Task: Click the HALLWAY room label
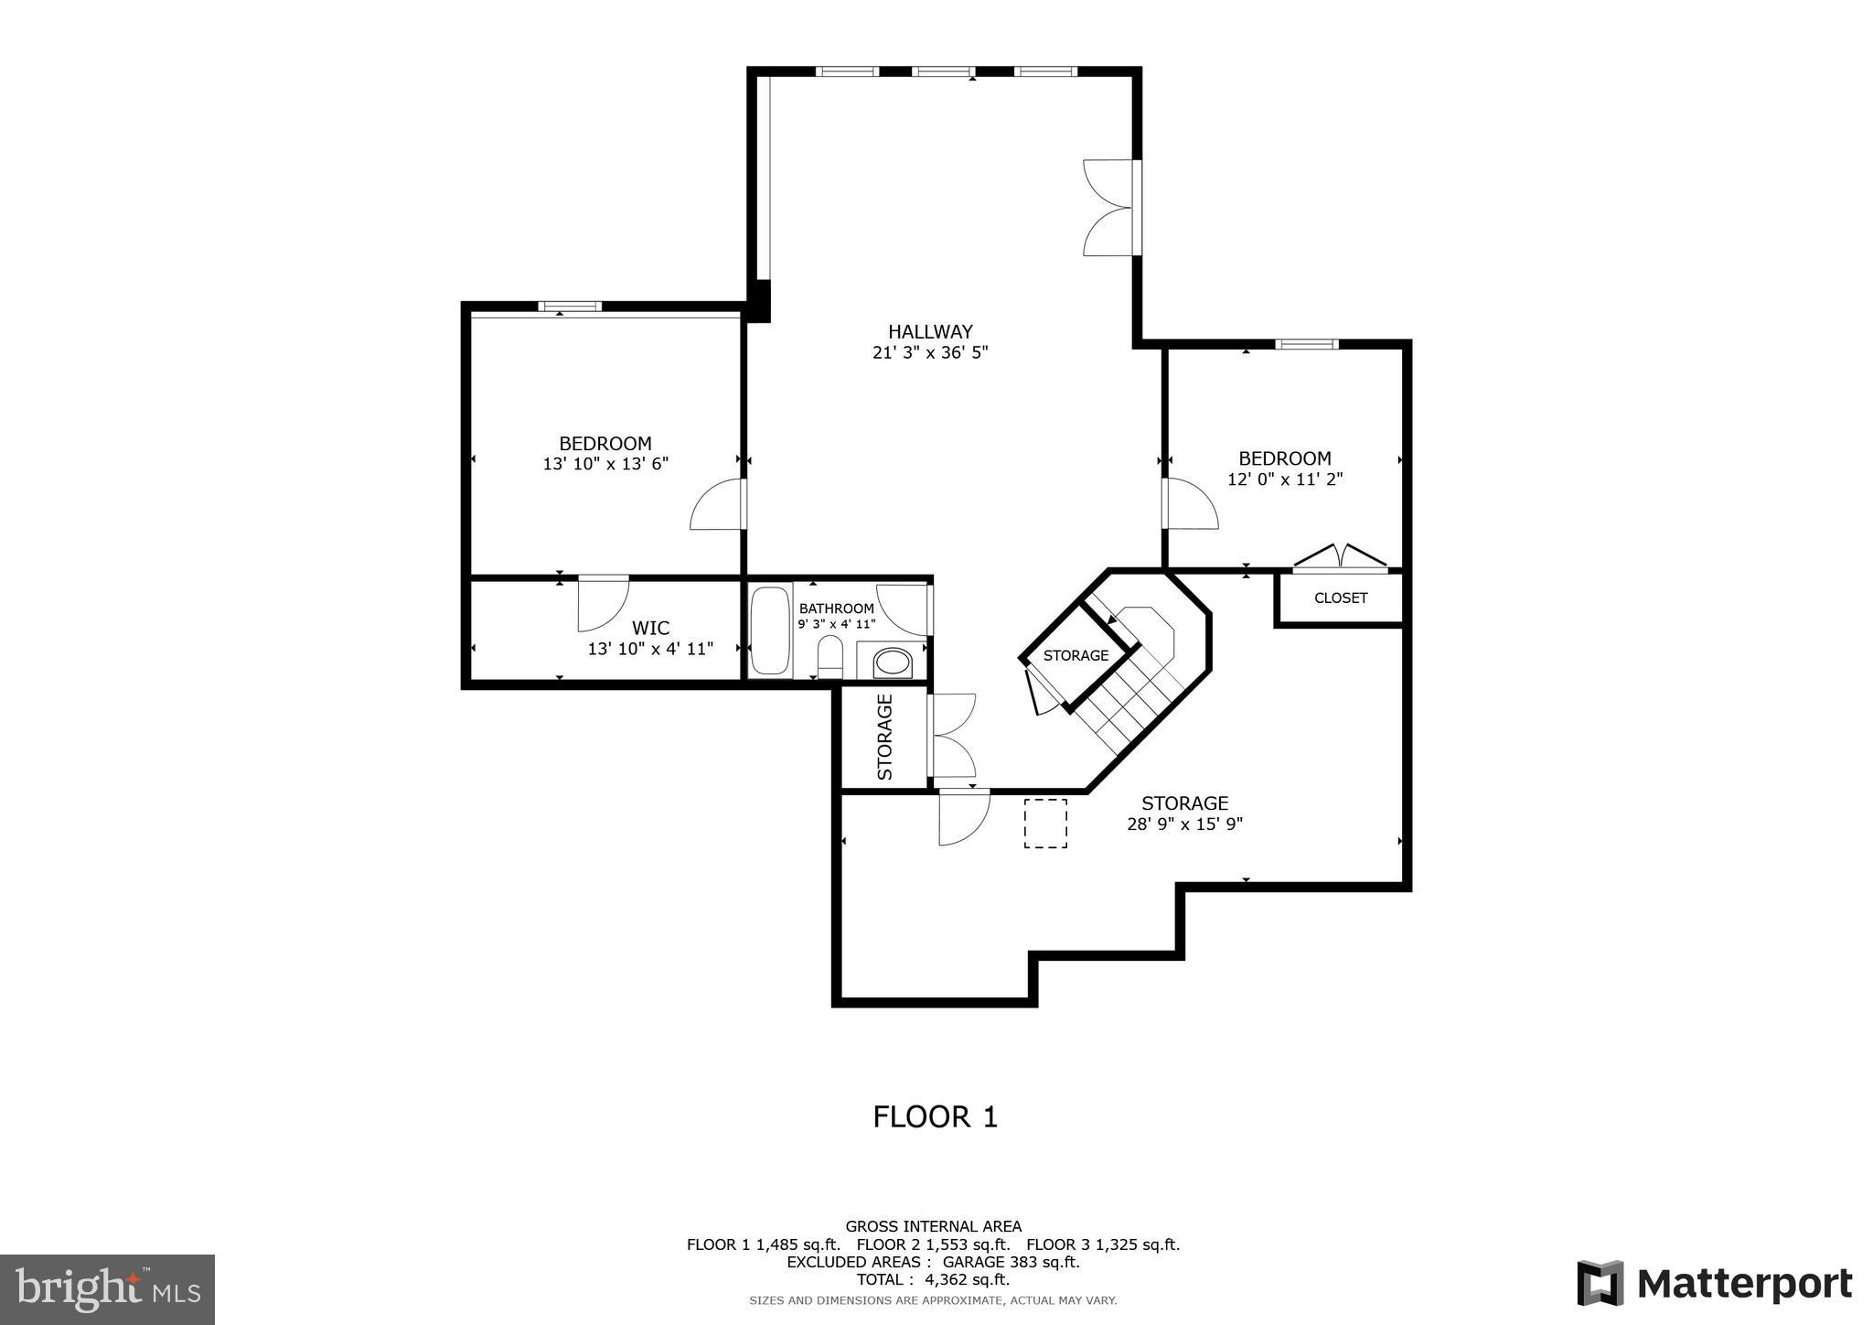click(930, 331)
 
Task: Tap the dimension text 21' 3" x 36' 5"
click(930, 352)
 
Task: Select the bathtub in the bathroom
click(770, 630)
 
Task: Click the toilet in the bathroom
click(829, 657)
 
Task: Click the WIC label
click(650, 629)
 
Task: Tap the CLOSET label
click(1340, 598)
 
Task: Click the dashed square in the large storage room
click(1044, 823)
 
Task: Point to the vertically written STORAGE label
click(885, 737)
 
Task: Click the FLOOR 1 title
click(935, 1116)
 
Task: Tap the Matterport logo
click(1714, 1283)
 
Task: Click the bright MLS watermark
click(107, 1289)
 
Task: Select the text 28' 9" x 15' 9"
click(1184, 824)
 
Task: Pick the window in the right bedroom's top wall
click(1306, 345)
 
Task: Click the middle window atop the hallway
click(942, 71)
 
